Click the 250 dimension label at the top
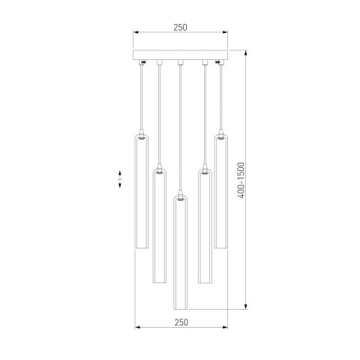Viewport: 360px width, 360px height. pyautogui.click(x=180, y=27)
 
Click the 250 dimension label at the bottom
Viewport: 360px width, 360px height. pyautogui.click(x=180, y=321)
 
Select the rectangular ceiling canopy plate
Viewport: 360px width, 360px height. pyautogui.click(x=180, y=56)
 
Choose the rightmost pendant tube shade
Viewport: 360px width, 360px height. pyautogui.click(x=221, y=190)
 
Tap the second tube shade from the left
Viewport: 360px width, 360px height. pyautogui.click(x=159, y=225)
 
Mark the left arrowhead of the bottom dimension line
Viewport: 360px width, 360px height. pyautogui.click(x=136, y=328)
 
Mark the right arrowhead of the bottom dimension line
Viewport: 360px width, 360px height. pyautogui.click(x=225, y=328)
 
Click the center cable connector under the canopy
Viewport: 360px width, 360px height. pyautogui.click(x=180, y=63)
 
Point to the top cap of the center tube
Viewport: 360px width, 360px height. pyautogui.click(x=180, y=199)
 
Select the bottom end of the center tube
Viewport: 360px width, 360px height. pyautogui.click(x=180, y=308)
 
